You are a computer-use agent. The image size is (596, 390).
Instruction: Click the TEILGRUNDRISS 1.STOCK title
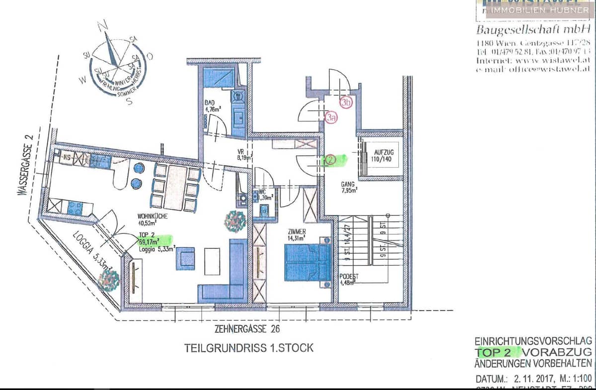click(x=249, y=348)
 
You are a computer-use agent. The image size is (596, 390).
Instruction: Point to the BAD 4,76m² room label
click(x=212, y=106)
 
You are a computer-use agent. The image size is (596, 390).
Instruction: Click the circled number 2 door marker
click(x=331, y=160)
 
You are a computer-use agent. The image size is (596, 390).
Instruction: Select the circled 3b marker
click(x=346, y=102)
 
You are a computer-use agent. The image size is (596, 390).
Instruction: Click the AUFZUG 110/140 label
click(x=381, y=156)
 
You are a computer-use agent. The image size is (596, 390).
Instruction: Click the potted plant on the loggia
click(x=108, y=280)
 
